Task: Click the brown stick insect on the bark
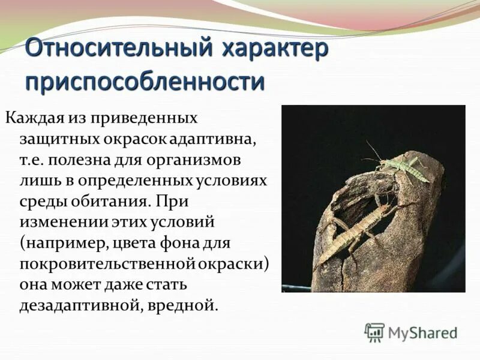coord(354,231)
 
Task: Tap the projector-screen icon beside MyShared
coord(374,332)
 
